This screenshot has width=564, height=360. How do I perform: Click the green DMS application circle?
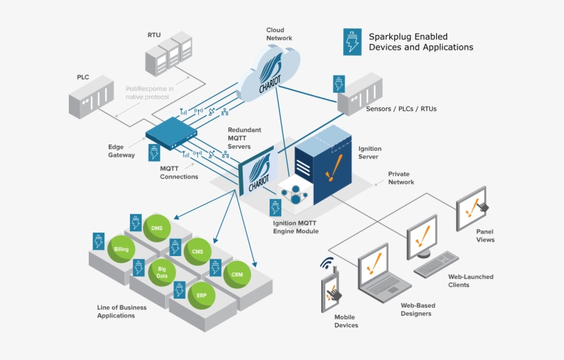pyautogui.click(x=157, y=228)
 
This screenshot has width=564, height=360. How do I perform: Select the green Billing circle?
pyautogui.click(x=121, y=248)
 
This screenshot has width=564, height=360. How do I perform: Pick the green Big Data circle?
pyautogui.click(x=162, y=272)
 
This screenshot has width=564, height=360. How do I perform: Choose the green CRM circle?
pyautogui.click(x=237, y=275)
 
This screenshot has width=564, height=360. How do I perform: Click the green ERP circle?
pyautogui.click(x=201, y=295)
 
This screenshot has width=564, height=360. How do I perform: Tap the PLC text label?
pyautogui.click(x=83, y=78)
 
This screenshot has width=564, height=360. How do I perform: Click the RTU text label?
pyautogui.click(x=154, y=34)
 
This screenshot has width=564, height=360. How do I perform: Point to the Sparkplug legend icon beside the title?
pyautogui.click(x=353, y=41)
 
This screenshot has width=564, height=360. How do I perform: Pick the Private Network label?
pyautogui.click(x=401, y=178)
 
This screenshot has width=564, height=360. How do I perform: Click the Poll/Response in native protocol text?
pyautogui.click(x=149, y=93)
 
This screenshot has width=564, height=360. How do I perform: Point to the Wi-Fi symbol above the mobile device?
pyautogui.click(x=327, y=264)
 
